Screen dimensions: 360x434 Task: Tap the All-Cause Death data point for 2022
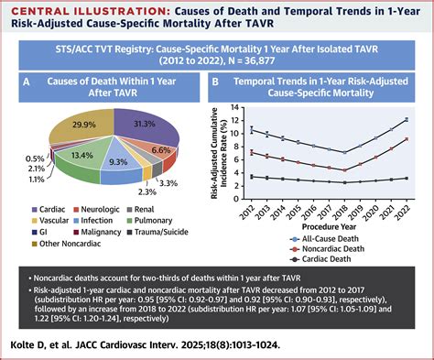click(407, 119)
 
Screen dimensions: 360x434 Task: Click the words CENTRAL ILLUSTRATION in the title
click(71, 10)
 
